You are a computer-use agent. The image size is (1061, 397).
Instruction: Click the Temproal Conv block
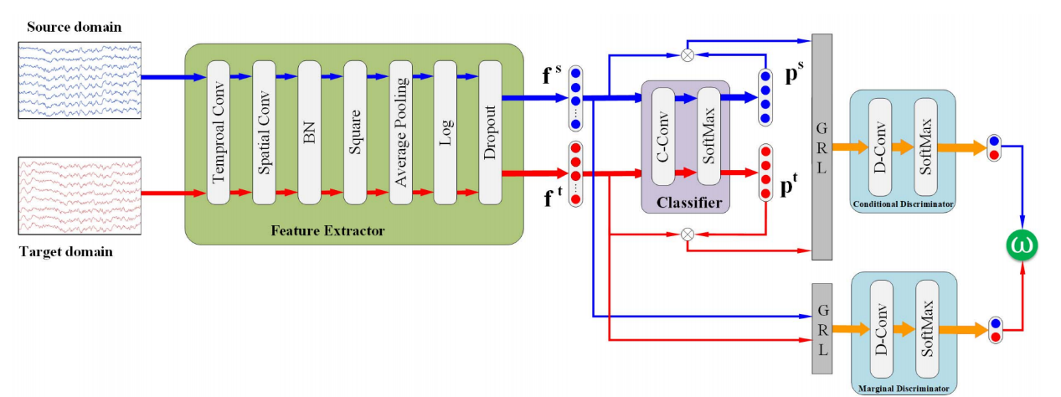pos(218,131)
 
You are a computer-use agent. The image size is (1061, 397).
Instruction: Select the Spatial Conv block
pos(263,131)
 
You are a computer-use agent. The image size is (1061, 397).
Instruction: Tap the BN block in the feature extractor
pos(309,131)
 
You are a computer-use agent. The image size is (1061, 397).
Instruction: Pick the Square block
pos(354,131)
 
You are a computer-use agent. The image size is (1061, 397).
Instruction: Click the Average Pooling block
pos(399,131)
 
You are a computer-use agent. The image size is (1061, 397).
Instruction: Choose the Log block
pos(445,131)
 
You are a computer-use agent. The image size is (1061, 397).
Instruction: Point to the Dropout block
pos(490,131)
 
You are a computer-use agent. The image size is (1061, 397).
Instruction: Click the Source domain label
pos(74,27)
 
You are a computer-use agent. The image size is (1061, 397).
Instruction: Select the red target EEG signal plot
pos(80,193)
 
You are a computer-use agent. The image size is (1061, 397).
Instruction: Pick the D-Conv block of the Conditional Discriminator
pos(880,147)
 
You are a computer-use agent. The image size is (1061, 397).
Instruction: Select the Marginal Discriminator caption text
pos(903,389)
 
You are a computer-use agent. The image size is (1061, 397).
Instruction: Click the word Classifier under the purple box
pos(688,202)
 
